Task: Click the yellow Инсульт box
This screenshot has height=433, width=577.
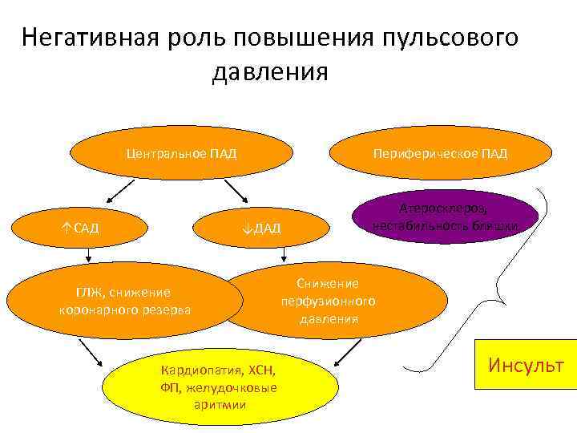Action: point(526,366)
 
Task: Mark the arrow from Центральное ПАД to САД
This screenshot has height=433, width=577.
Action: point(119,190)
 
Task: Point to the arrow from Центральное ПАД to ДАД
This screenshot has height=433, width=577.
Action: point(237,191)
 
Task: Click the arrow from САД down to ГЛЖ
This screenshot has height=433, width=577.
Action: point(88,256)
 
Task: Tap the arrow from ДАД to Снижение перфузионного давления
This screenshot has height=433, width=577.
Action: point(284,254)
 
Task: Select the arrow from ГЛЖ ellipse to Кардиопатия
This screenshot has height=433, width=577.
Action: point(90,351)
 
